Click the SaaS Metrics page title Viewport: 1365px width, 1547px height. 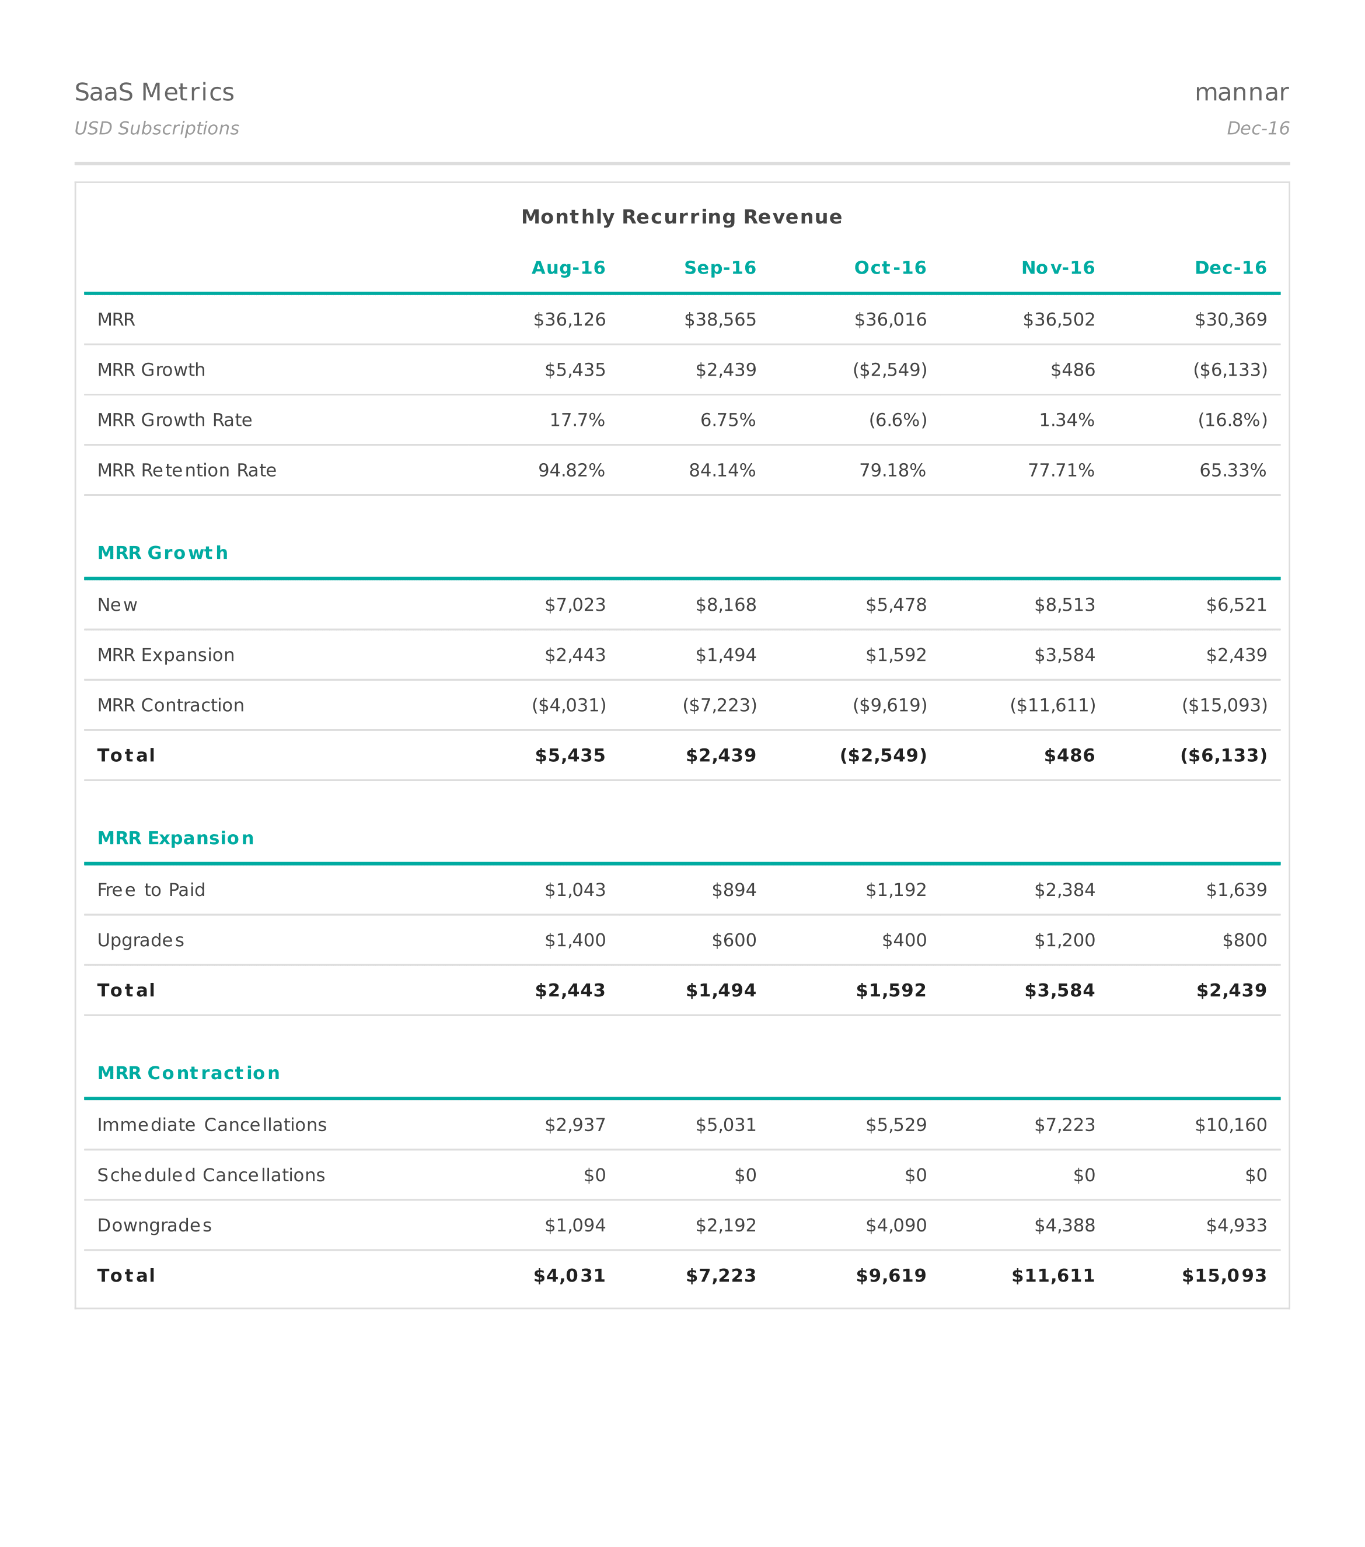click(155, 92)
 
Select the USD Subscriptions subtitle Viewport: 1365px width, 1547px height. click(157, 129)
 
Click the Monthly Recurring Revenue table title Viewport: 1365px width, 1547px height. click(682, 217)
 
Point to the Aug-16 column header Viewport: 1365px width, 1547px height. click(568, 268)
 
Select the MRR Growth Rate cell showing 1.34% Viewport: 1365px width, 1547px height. click(1066, 420)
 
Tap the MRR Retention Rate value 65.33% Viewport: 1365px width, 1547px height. click(1232, 471)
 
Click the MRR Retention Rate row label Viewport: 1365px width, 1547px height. click(186, 471)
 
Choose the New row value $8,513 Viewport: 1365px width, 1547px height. click(1064, 605)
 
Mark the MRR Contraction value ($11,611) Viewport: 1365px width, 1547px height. click(1052, 705)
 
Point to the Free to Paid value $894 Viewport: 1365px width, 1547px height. click(734, 890)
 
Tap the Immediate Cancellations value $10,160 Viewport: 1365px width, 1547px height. click(1230, 1125)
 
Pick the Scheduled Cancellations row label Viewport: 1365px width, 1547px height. click(211, 1175)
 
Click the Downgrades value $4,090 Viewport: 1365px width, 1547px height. click(896, 1226)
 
